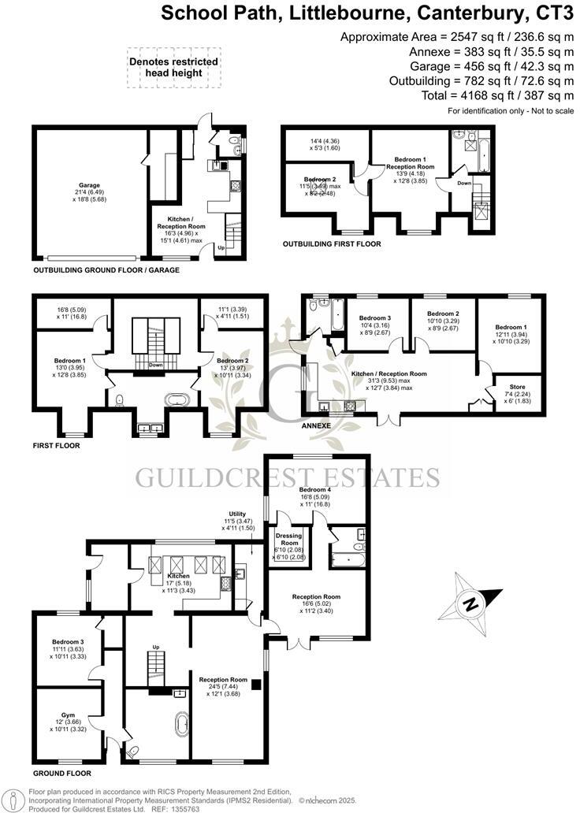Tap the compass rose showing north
click(470, 604)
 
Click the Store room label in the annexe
click(518, 386)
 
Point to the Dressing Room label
click(290, 544)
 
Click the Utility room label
click(237, 514)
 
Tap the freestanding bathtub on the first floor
click(178, 399)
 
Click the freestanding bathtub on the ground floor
click(183, 726)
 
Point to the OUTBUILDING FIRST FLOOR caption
click(332, 244)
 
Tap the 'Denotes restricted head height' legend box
click(174, 66)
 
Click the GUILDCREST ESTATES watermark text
click(288, 477)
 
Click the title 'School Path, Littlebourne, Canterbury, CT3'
click(367, 13)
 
